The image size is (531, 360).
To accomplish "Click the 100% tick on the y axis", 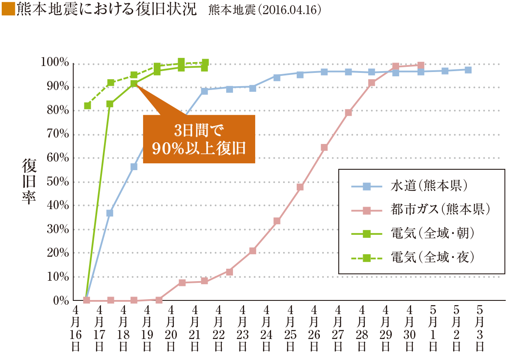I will (x=55, y=63).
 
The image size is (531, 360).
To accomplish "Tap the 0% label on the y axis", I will (x=61, y=300).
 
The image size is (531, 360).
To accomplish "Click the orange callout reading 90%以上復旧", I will (x=199, y=139).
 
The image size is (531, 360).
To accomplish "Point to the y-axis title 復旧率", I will (x=30, y=182).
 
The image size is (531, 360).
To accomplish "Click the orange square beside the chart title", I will (x=8, y=10).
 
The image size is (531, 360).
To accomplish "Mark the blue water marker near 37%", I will (x=110, y=213).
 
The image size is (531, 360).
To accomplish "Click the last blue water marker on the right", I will (x=468, y=70).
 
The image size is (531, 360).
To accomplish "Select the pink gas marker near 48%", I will (x=300, y=187).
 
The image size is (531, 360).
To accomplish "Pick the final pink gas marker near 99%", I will (x=421, y=66).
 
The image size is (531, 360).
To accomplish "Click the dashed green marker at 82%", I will (x=87, y=106).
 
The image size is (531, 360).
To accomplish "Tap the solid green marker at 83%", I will (x=110, y=104).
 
